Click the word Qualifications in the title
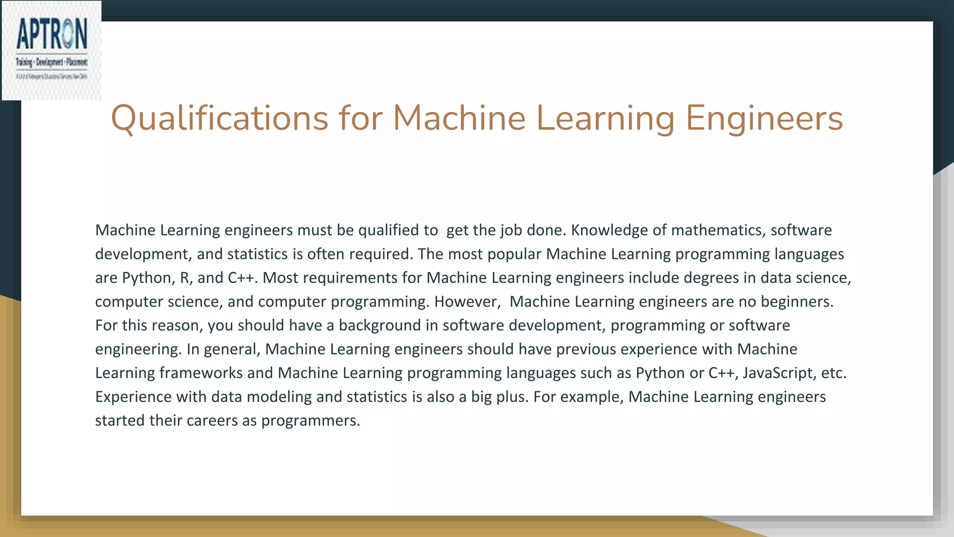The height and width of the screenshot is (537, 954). point(219,118)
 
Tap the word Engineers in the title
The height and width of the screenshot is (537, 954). point(764,118)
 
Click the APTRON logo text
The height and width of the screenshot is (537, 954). point(52,34)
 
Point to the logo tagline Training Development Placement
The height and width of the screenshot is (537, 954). point(52,62)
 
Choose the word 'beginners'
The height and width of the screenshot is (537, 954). point(797,302)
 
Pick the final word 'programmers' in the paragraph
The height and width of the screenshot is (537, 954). point(310,420)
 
